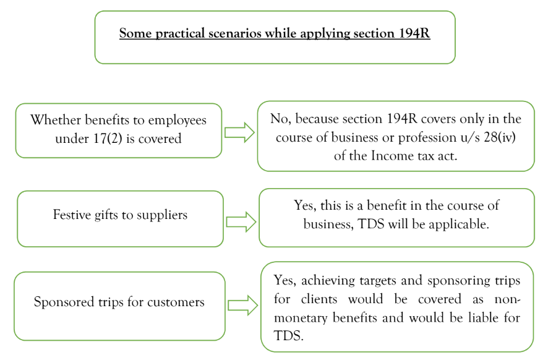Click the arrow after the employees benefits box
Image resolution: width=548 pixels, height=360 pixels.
(240, 132)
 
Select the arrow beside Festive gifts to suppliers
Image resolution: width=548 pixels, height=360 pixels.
(241, 222)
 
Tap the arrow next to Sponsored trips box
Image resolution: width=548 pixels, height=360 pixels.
(242, 305)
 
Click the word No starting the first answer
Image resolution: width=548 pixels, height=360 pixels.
(279, 119)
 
